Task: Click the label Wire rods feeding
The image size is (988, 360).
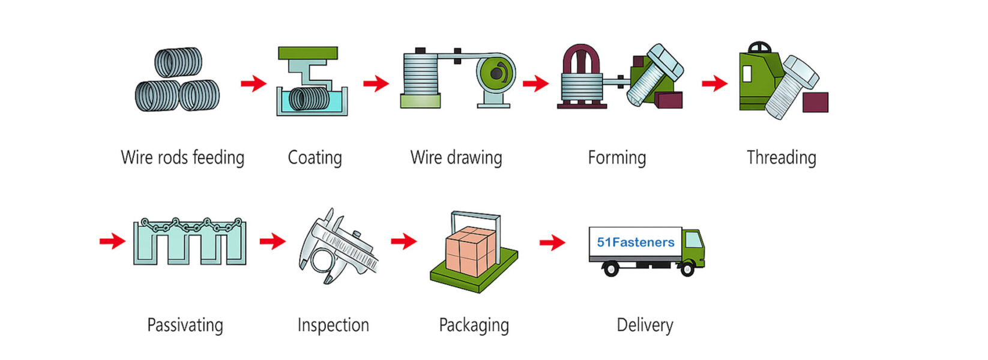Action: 182,158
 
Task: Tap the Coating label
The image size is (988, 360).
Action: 315,158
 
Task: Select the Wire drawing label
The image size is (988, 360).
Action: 456,158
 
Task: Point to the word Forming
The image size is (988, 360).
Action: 617,158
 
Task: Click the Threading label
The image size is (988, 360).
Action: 781,158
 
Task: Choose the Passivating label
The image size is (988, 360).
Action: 185,325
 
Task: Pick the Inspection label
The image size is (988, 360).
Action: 334,325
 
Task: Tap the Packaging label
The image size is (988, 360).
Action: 474,325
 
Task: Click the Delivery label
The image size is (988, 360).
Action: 645,325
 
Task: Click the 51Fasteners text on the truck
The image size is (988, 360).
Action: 636,242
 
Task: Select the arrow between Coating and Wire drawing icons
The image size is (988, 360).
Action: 376,83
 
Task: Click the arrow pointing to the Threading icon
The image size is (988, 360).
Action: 714,83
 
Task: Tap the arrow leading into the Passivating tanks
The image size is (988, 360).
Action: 112,241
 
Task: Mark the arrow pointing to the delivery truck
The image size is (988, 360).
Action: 552,242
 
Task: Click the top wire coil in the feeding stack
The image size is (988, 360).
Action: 178,62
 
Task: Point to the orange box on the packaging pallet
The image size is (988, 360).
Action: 471,251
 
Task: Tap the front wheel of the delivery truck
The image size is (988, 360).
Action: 687,268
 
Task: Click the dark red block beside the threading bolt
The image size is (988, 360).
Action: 815,102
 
